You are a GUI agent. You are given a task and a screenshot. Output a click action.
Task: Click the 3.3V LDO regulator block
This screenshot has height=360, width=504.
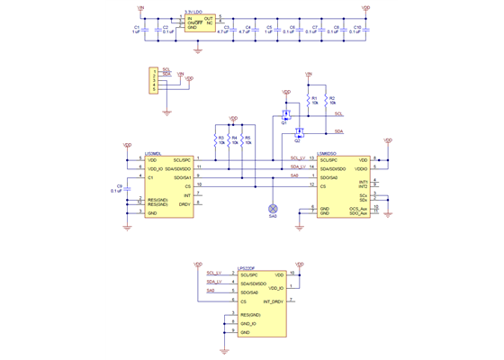pos(200,22)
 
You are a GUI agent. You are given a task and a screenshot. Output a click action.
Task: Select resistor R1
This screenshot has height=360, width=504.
pos(309,100)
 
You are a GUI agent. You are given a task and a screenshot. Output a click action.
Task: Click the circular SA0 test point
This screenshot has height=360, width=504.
pos(274,209)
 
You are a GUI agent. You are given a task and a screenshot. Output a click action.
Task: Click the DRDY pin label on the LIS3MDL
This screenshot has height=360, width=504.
pos(184,204)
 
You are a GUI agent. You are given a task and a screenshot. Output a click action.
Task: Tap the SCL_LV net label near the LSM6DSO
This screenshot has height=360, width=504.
pos(297,157)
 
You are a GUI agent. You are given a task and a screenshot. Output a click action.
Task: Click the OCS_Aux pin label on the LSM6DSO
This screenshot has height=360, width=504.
pos(357,208)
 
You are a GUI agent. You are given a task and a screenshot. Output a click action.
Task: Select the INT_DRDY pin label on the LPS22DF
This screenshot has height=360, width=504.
pos(273,300)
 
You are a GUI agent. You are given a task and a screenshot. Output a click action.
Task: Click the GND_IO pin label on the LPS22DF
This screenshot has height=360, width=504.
pos(248,322)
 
